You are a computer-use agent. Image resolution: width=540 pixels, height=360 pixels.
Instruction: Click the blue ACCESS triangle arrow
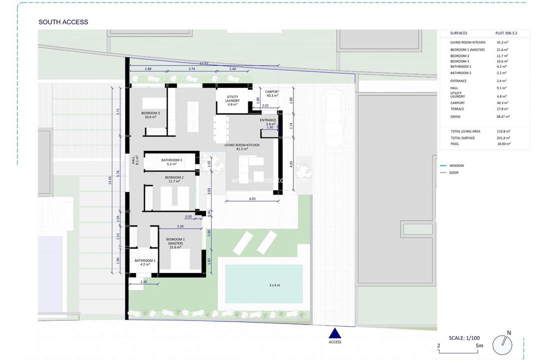(334, 333)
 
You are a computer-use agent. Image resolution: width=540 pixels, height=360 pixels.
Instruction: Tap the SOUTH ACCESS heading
(63, 22)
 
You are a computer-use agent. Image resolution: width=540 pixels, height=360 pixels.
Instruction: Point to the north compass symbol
(502, 344)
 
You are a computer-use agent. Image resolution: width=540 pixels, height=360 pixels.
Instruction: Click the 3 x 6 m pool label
(275, 285)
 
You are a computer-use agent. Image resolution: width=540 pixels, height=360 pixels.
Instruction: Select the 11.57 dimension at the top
(203, 63)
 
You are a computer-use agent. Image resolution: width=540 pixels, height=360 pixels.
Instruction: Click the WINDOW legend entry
(456, 165)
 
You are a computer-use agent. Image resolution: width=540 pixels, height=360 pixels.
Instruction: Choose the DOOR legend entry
(453, 173)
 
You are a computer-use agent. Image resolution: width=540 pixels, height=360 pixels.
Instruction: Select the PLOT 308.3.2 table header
(506, 33)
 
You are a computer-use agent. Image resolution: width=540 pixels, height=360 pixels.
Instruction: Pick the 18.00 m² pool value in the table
(503, 144)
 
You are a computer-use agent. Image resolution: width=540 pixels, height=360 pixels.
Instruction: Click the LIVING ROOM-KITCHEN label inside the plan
(242, 145)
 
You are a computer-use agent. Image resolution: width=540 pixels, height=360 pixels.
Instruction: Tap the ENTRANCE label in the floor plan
(268, 120)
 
